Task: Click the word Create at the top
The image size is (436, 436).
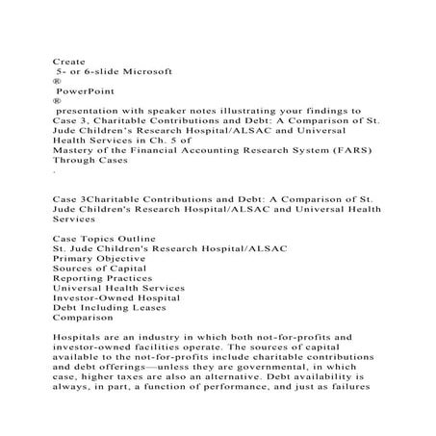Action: [68, 60]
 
